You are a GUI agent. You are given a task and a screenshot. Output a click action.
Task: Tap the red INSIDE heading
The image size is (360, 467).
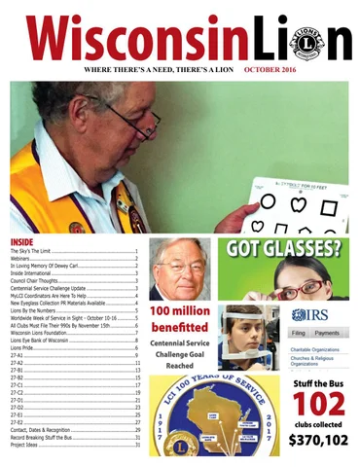click(21, 240)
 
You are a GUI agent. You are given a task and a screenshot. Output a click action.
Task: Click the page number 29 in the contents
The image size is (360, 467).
click(137, 428)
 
